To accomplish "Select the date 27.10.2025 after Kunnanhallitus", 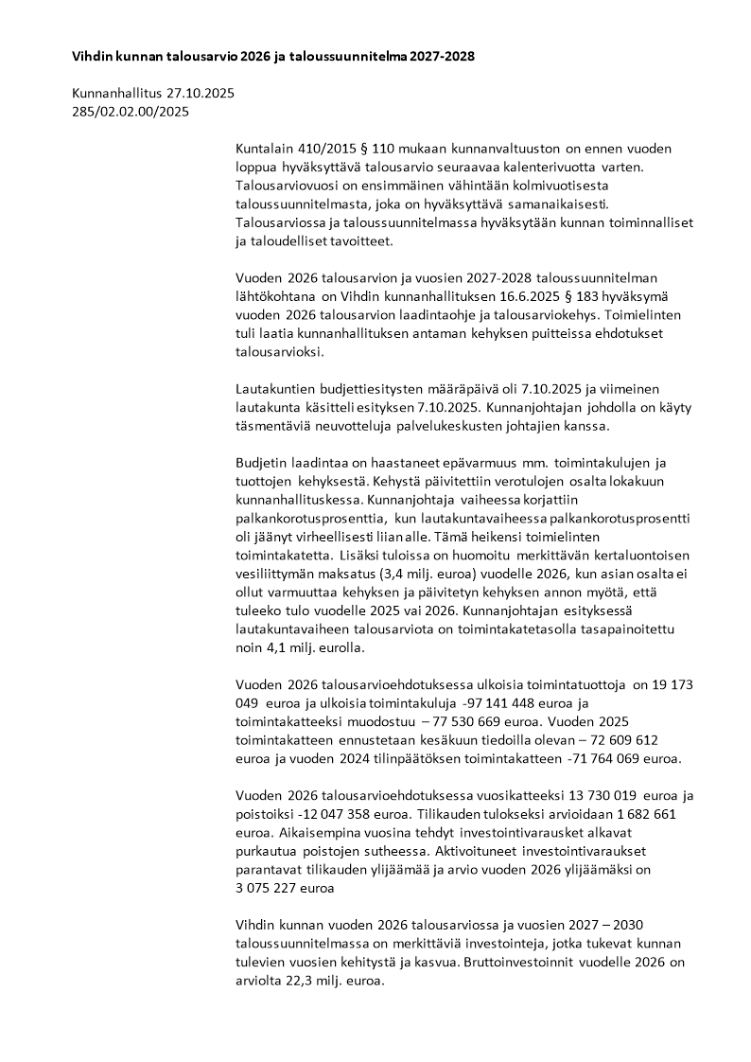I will (200, 94).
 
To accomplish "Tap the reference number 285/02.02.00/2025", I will (131, 112).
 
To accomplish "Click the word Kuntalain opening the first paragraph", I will (262, 150).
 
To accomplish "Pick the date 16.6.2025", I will (511, 296).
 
